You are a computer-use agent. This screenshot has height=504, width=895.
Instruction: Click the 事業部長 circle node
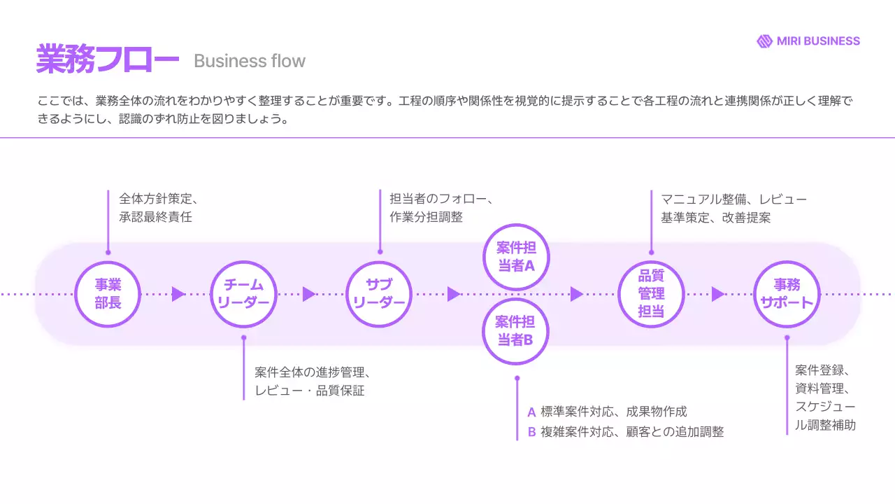pos(108,294)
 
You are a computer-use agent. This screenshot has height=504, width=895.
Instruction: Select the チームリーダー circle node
pos(243,294)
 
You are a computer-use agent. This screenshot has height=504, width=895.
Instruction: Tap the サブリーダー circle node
pos(379,294)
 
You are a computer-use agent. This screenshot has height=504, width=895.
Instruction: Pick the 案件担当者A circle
pos(516,257)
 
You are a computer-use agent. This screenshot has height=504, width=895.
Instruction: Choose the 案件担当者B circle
pos(516,331)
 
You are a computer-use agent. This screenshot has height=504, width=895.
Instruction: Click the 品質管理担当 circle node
pos(651,294)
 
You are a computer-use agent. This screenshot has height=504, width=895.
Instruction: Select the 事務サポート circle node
pos(787,294)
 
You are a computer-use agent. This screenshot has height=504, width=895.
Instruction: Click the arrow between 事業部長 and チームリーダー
pos(178,294)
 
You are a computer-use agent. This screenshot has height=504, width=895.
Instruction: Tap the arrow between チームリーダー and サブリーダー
pos(308,294)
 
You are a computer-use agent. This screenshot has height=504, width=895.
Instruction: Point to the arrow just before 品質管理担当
pos(576,294)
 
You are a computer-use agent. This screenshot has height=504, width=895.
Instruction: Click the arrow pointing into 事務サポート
pos(717,294)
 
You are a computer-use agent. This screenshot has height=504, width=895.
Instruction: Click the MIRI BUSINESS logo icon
pos(764,41)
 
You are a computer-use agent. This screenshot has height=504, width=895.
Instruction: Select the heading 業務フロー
pos(107,59)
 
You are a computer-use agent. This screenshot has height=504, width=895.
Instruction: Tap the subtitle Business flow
pos(250,62)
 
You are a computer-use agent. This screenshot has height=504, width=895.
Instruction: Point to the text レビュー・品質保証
pos(310,391)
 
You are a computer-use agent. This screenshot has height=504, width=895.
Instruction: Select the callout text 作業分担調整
pos(426,217)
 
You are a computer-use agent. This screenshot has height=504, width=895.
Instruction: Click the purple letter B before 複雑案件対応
pos(532,432)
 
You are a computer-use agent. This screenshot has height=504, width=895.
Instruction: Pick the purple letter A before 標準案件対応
pos(532,412)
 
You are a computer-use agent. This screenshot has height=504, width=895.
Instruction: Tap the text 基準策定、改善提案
pos(715,217)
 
